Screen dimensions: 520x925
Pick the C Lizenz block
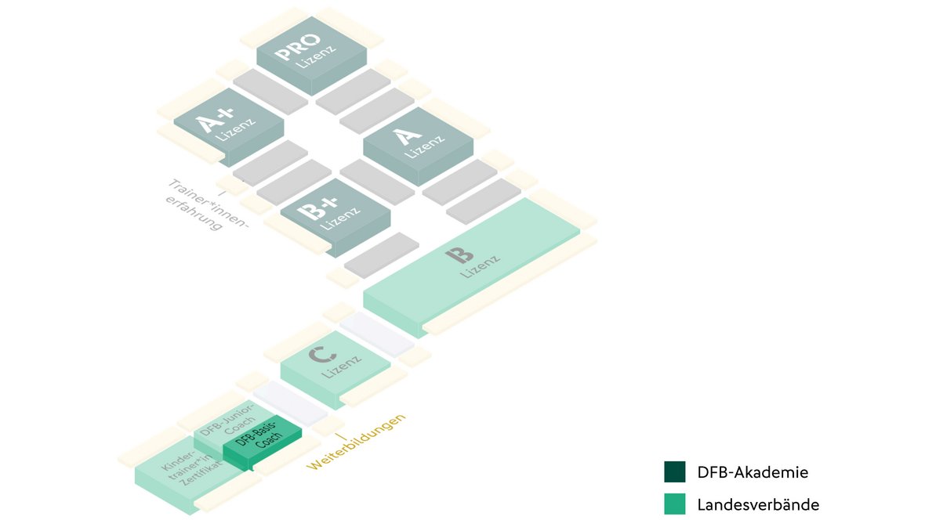click(x=335, y=363)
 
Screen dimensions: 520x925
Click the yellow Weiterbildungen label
click(x=357, y=442)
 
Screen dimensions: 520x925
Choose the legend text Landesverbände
click(x=758, y=504)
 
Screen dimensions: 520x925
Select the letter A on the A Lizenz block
click(x=404, y=136)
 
